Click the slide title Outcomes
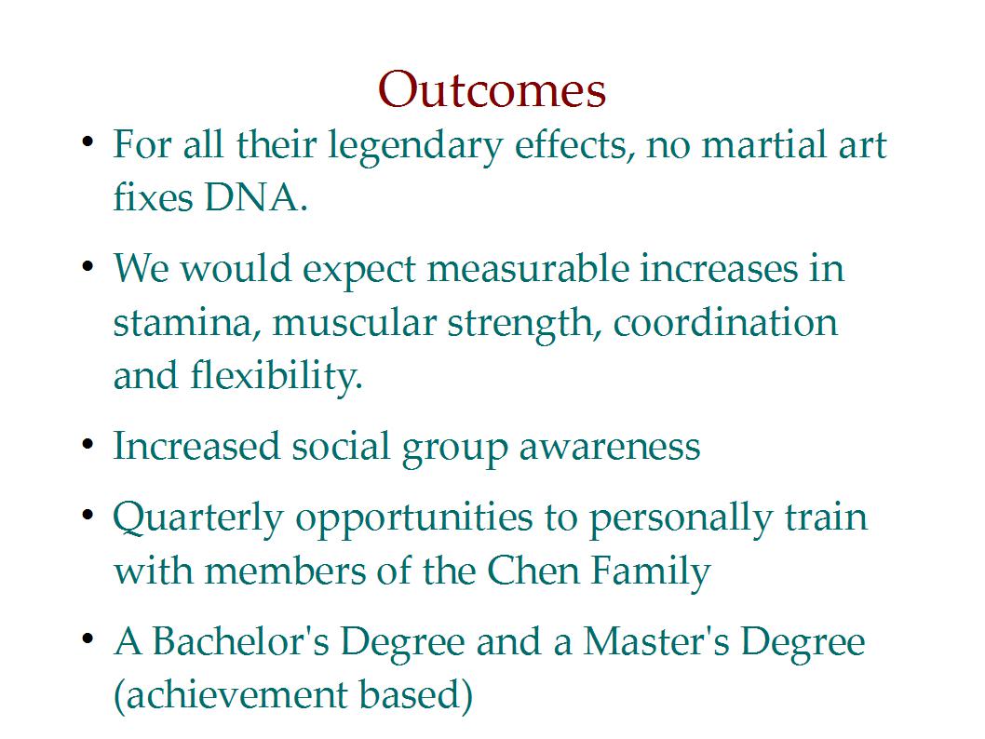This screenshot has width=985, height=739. click(x=492, y=89)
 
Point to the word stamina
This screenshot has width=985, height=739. click(x=182, y=324)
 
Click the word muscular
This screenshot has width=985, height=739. click(x=355, y=324)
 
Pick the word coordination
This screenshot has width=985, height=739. click(x=725, y=323)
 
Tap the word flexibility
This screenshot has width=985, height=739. click(x=277, y=377)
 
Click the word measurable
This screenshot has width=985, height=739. click(x=528, y=269)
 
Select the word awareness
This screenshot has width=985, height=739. click(x=610, y=448)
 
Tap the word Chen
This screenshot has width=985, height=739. click(x=533, y=571)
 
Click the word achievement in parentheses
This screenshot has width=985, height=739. click(x=230, y=695)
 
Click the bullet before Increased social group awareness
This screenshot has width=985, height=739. click(x=88, y=445)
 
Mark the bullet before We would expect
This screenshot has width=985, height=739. click(x=88, y=266)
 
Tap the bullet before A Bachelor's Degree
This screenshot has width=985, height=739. click(x=88, y=639)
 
